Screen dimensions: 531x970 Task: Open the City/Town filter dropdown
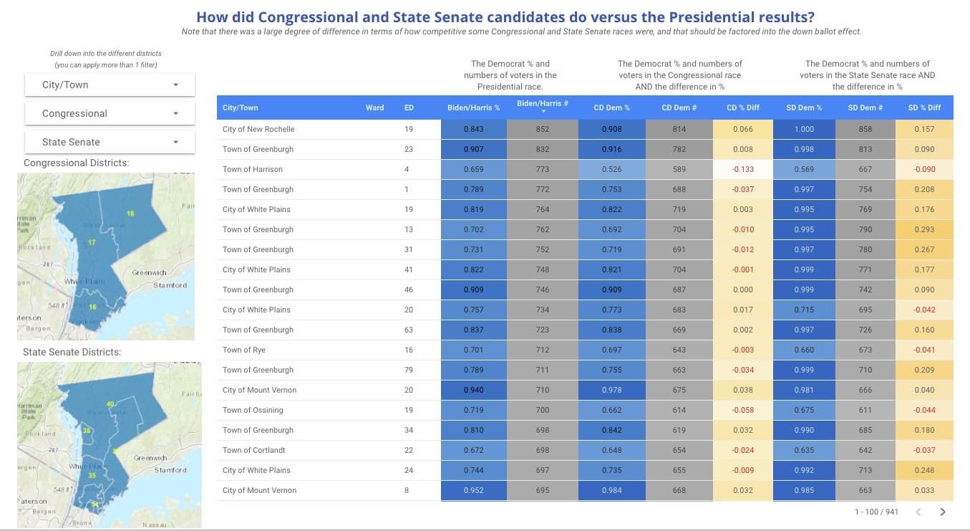click(110, 85)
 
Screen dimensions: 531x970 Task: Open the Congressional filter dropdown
click(110, 113)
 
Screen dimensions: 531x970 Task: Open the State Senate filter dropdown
click(110, 142)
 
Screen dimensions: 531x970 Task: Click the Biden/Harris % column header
click(473, 107)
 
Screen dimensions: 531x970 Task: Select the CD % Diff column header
click(742, 107)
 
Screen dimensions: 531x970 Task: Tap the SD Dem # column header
click(865, 107)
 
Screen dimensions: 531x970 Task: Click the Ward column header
click(374, 107)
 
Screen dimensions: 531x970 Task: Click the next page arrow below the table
click(943, 512)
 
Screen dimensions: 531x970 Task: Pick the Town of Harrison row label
click(253, 169)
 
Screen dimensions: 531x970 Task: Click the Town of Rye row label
click(244, 350)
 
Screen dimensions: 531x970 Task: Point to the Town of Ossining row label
click(253, 410)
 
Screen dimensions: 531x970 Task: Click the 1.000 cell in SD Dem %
click(804, 129)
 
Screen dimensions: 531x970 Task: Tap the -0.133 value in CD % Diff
click(742, 169)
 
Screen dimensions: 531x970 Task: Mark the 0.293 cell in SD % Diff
click(924, 229)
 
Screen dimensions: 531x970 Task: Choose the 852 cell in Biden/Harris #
click(543, 129)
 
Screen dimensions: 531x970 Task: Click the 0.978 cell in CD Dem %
click(612, 390)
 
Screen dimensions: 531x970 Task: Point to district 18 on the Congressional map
click(130, 214)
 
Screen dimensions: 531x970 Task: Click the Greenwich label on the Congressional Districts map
click(149, 272)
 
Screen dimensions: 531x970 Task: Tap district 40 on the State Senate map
click(110, 404)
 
